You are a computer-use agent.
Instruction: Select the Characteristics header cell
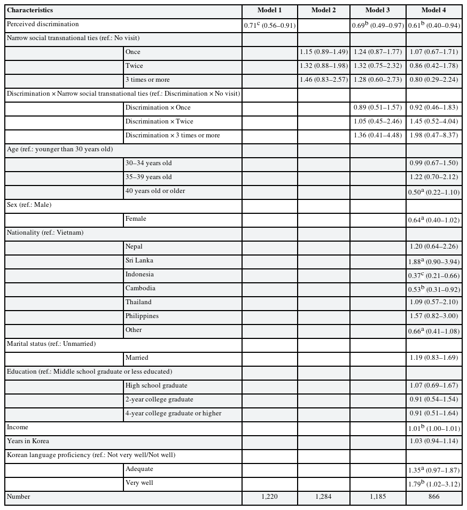pos(30,11)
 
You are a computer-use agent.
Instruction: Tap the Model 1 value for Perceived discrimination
pos(269,25)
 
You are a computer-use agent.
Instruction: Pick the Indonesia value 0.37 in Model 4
pos(434,275)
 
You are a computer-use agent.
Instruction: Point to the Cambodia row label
pos(141,289)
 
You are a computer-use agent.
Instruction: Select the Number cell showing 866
pos(434,497)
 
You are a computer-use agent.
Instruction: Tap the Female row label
pos(136,219)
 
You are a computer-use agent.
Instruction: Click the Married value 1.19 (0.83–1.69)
pos(434,358)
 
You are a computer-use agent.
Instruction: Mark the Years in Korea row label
pos(26,442)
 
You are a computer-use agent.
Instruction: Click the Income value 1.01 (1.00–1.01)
pos(434,428)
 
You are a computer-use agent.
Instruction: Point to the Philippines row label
pos(142,316)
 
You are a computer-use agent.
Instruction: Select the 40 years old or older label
pos(155,191)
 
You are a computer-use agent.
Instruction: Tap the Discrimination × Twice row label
pos(159,122)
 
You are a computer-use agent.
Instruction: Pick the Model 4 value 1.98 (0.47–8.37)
pos(434,136)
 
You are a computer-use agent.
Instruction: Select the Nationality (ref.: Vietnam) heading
pos(45,233)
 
